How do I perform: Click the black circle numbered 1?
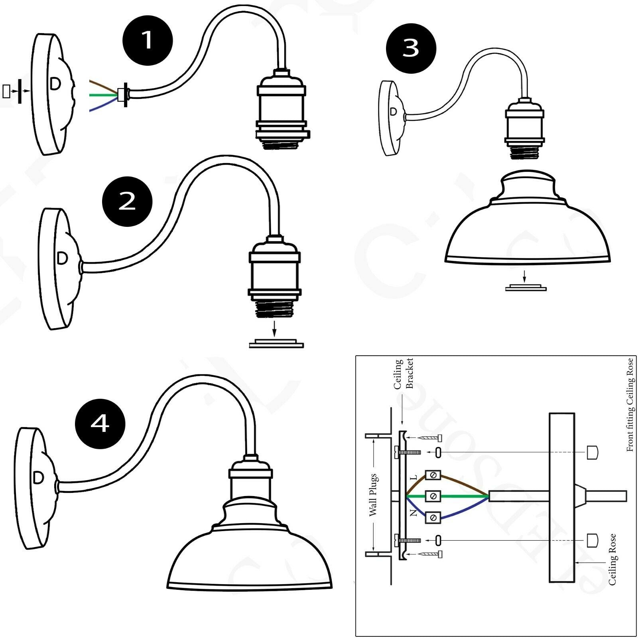click(148, 40)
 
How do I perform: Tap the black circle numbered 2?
click(127, 201)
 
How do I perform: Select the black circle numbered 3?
click(411, 48)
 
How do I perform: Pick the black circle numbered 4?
click(100, 423)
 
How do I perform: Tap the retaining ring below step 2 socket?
click(276, 344)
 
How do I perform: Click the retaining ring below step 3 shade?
click(526, 287)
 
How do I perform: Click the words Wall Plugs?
click(373, 494)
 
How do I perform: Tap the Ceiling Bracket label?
click(403, 373)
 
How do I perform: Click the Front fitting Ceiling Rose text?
click(630, 405)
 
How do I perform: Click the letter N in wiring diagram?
click(414, 513)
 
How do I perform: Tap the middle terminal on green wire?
click(433, 496)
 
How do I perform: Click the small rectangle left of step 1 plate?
click(6, 91)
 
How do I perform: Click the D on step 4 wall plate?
click(39, 478)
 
